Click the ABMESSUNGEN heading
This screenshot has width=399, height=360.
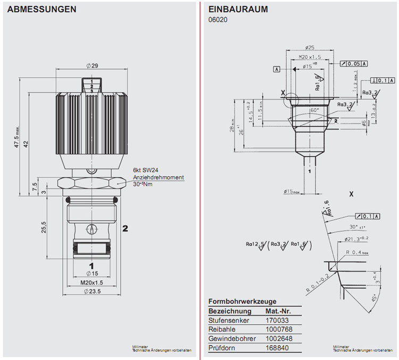41,10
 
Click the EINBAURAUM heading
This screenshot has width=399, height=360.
238,10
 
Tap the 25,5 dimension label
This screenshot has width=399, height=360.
44,227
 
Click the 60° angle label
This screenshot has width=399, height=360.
313,110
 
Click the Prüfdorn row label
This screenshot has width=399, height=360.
223,347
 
